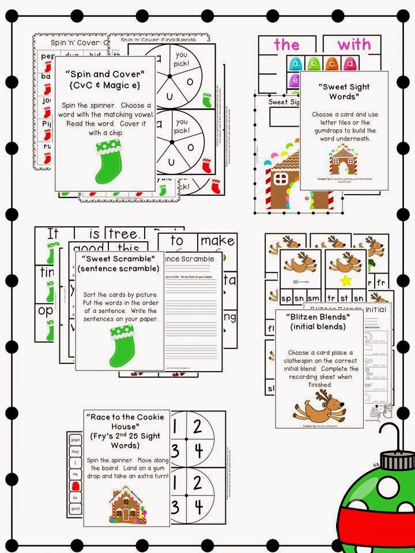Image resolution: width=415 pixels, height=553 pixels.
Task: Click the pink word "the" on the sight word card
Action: (287, 44)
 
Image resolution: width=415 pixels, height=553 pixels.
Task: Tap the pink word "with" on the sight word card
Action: (354, 44)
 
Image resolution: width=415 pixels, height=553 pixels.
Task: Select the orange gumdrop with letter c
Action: (331, 63)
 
